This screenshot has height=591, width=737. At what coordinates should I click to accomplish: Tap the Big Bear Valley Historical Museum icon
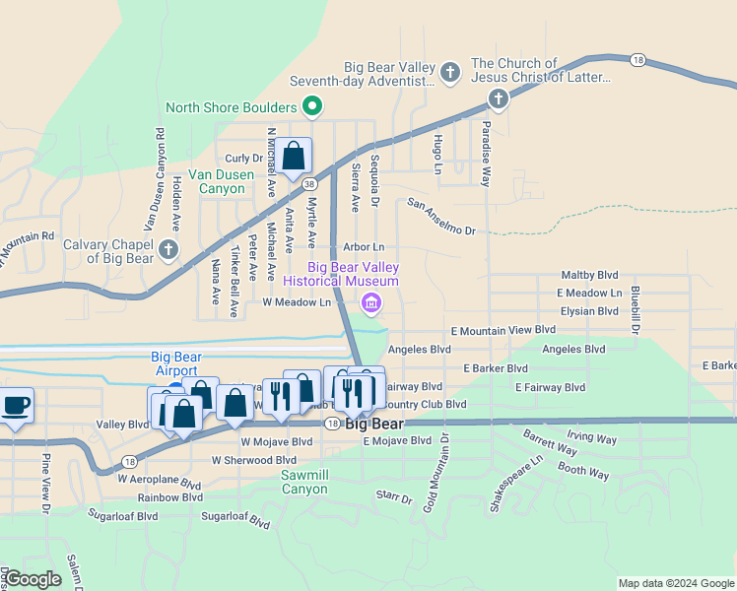pos(371,302)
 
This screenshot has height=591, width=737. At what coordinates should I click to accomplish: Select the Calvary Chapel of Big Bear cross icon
pos(167,250)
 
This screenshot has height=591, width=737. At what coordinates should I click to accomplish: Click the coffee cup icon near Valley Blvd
pos(17,406)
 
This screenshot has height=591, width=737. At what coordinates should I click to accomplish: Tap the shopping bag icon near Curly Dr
pos(293,156)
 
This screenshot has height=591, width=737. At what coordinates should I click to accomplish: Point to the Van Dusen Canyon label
pos(234,180)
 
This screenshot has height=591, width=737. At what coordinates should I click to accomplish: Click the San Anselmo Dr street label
pos(441,217)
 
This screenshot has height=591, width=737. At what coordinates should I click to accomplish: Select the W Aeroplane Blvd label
pos(159,485)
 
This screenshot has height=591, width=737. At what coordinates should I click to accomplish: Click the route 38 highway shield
pos(310,184)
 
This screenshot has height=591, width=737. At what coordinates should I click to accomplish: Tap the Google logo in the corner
pos(33,579)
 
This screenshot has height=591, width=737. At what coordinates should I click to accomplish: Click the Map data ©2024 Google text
pos(675,583)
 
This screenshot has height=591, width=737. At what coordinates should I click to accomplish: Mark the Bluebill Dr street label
pos(636,308)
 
